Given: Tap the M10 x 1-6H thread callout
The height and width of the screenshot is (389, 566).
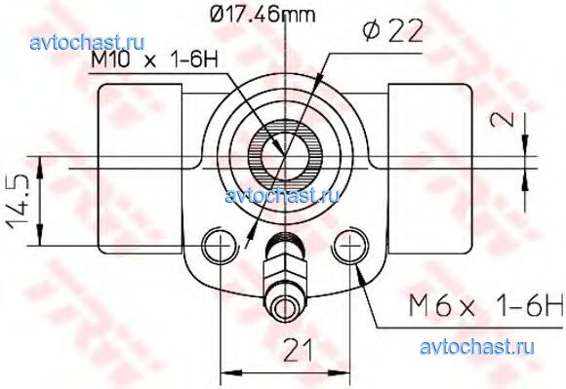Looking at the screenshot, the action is coord(155,58).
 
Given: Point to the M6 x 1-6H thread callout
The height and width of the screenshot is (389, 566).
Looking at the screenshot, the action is coord(486,304).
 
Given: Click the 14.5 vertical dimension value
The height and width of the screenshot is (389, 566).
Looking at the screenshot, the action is coord(18,201).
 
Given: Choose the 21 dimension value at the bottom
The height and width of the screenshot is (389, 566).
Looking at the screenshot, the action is coord(299,350).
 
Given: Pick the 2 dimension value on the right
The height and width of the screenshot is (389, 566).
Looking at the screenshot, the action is coord(503,119).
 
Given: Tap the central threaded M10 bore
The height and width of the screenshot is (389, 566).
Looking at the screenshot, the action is coord(286,156).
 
